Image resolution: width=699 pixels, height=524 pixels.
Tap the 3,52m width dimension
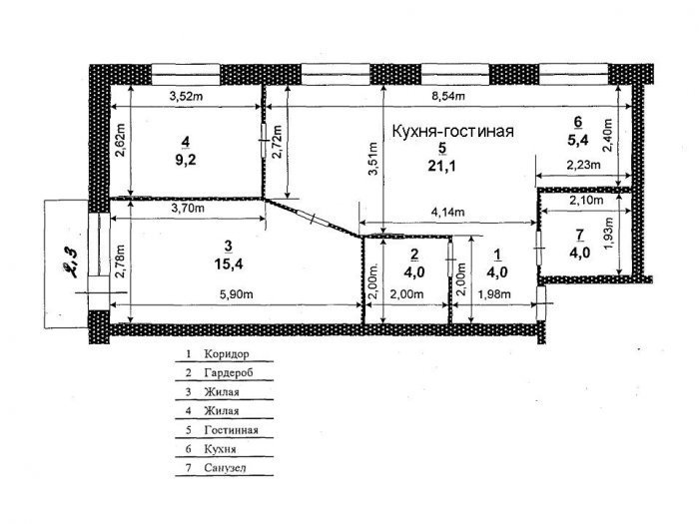pos(186,96)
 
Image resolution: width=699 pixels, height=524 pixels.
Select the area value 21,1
pos(442,167)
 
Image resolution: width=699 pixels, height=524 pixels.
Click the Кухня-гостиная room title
pos(453,132)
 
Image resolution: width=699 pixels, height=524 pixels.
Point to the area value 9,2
pos(186,160)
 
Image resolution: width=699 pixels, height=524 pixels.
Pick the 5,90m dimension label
pos(237,294)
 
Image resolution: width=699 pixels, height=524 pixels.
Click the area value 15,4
pos(229,264)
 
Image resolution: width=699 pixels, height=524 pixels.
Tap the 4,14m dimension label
pos(447,212)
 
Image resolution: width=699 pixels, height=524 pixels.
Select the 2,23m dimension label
pos(583,165)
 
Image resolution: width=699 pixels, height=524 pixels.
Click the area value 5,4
pos(578,140)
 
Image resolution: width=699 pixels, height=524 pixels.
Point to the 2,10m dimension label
pos(586,201)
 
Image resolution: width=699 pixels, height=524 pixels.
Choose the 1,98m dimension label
pos(494,294)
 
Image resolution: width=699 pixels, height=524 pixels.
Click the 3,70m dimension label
pos(188,208)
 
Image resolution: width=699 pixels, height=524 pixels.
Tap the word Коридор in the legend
pos(227,354)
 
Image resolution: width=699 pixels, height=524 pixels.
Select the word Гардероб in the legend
pos(229,372)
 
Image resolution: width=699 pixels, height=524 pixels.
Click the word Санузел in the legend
pos(225,468)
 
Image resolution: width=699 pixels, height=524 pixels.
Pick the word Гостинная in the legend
pos(231,430)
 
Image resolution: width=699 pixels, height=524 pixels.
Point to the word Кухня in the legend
pos(221,449)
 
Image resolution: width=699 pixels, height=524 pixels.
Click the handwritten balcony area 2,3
pos(69,262)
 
